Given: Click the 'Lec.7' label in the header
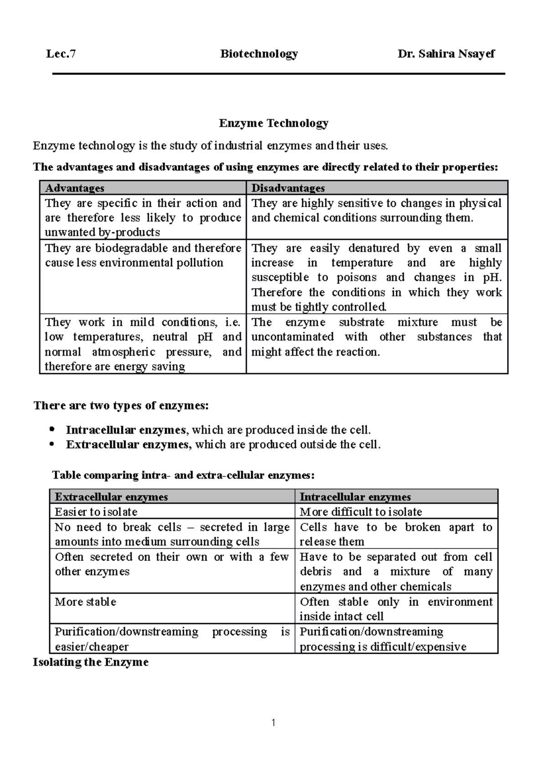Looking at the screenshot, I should [61, 54].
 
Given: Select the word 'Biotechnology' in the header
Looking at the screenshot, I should [259, 54].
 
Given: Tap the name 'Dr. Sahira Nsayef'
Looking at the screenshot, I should [446, 54].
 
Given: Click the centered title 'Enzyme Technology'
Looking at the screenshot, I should [273, 123].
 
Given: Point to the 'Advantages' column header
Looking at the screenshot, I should [75, 188].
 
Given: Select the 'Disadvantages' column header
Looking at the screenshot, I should [288, 188].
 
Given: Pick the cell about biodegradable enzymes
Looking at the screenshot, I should [143, 255].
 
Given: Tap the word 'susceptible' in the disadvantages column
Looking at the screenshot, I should [280, 278].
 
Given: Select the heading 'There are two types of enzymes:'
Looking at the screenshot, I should [121, 406].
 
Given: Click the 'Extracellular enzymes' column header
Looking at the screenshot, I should [111, 497].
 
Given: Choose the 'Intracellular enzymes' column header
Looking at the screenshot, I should [355, 497].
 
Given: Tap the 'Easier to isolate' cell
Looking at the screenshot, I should [96, 512].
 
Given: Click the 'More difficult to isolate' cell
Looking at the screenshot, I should [361, 512].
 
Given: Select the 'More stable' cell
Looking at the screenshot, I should [86, 602].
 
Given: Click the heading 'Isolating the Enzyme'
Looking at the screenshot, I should [91, 662].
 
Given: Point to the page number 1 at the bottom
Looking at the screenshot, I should [273, 722].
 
